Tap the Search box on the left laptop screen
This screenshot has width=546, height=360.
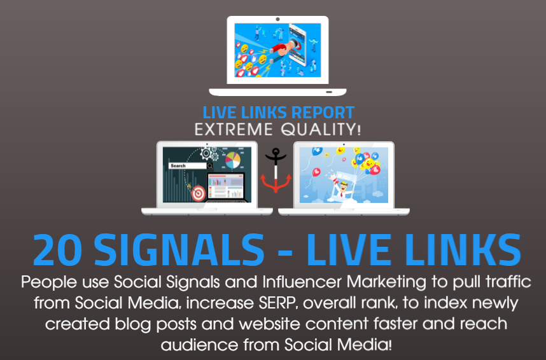pyautogui.click(x=187, y=165)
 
